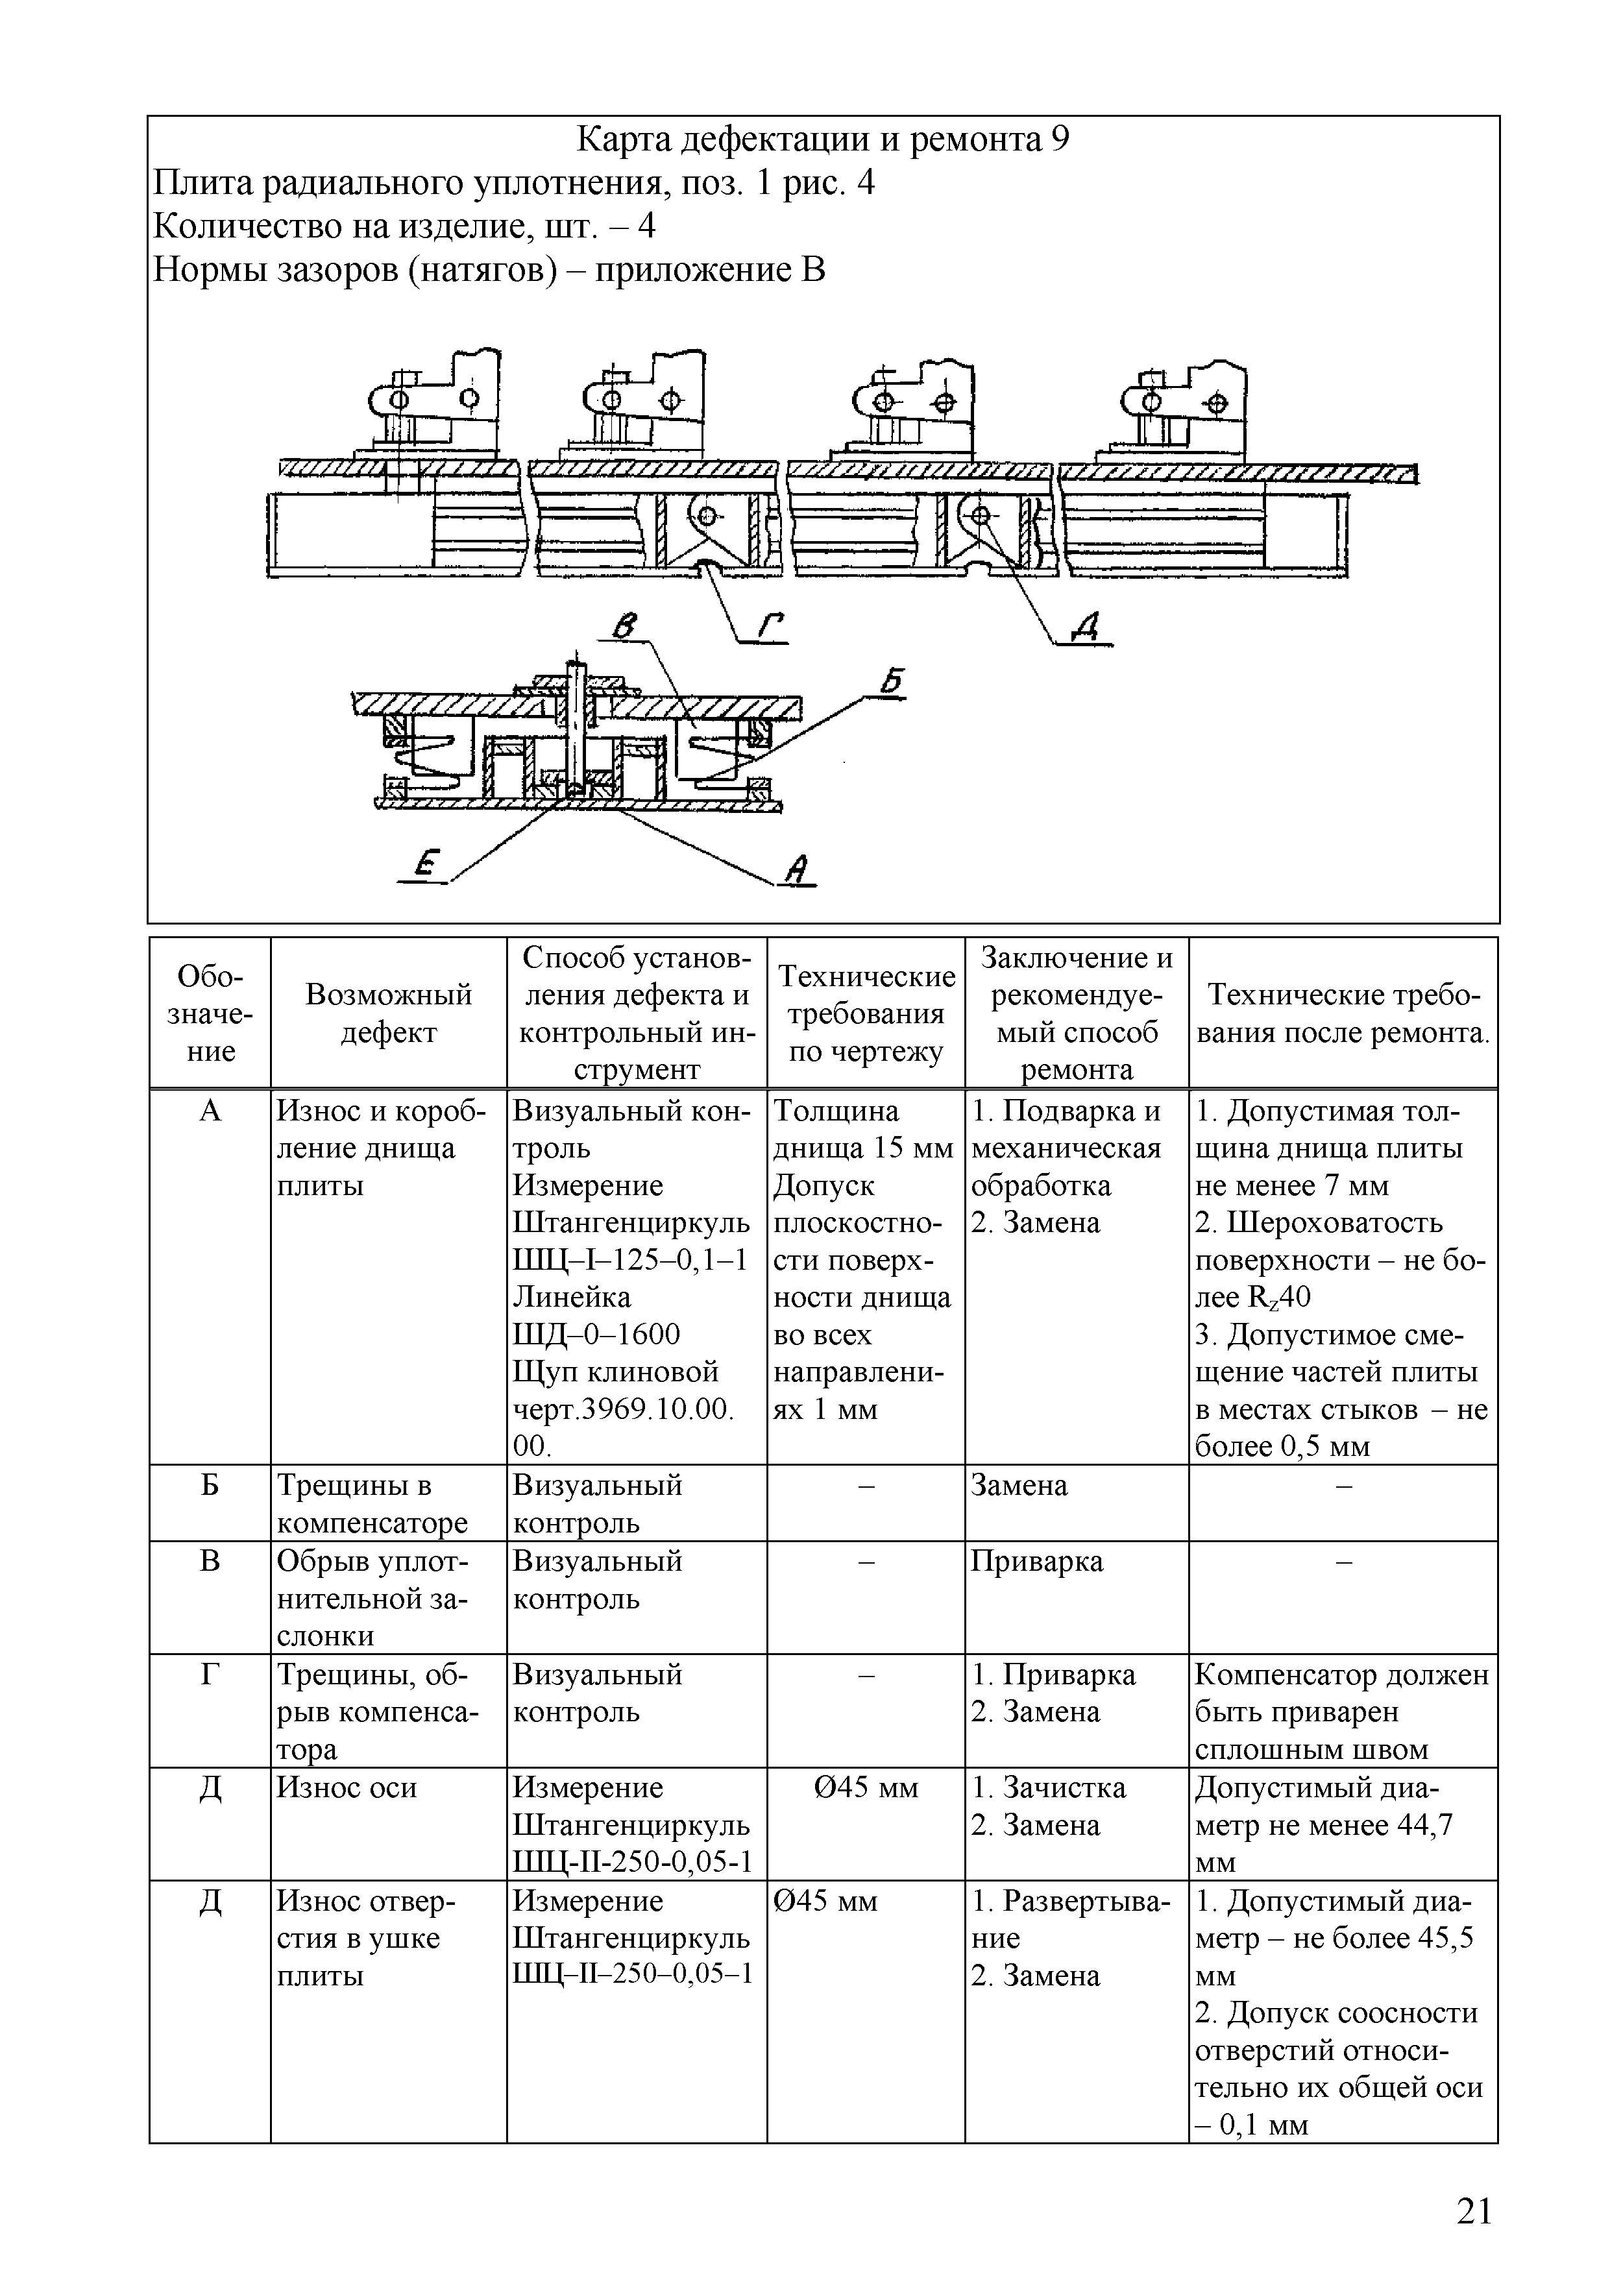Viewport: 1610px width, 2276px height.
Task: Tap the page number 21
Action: [1474, 2212]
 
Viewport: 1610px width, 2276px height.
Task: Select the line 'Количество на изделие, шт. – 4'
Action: [404, 227]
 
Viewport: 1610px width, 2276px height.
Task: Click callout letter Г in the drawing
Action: [770, 627]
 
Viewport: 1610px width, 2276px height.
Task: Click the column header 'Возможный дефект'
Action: [389, 1013]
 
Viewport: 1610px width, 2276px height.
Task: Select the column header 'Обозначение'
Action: [210, 1013]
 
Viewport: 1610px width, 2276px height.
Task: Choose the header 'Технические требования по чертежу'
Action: [866, 1013]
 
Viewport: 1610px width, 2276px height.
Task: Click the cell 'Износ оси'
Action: [347, 1787]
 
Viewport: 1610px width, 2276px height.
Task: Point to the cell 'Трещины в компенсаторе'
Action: [372, 1504]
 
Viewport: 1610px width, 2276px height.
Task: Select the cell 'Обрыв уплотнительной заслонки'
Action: [377, 1598]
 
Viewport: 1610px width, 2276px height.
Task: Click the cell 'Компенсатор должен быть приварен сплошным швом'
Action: [1341, 1712]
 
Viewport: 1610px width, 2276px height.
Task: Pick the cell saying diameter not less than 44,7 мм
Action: [1324, 1825]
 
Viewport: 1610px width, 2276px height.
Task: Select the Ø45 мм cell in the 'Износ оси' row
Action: [866, 1787]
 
